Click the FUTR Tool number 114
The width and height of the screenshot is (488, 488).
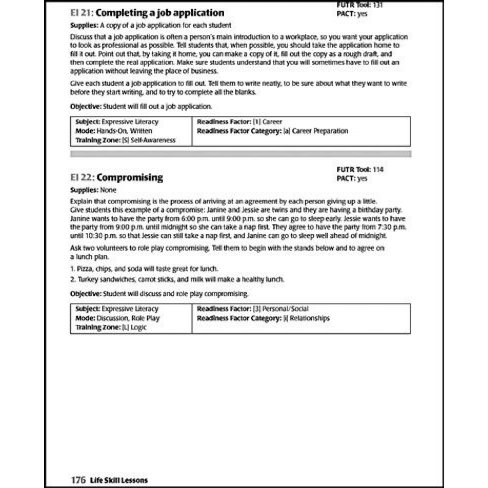378,170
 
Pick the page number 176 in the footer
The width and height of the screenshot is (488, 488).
78,480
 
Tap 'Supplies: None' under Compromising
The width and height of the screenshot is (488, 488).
94,191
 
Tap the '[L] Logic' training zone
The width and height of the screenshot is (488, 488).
134,327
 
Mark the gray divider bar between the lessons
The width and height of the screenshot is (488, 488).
241,154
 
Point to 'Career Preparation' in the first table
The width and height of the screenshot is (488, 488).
320,131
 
